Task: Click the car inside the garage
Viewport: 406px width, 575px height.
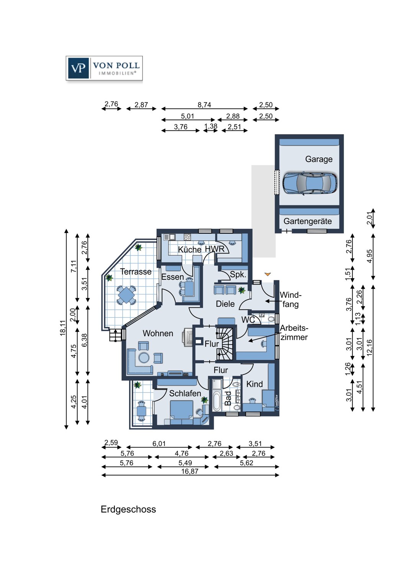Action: point(310,183)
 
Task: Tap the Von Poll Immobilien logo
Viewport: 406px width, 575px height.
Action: point(104,68)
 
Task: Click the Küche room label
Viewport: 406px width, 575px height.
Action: point(190,249)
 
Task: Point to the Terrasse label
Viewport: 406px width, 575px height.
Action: point(136,271)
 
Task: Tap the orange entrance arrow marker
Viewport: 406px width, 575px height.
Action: point(267,274)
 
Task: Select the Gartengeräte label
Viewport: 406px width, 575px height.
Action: point(308,221)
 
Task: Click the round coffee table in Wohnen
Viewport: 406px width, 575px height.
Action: point(144,357)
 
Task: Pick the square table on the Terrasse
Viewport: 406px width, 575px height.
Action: point(126,295)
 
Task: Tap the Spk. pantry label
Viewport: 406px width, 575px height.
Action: point(238,274)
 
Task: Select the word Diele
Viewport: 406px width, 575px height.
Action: point(225,304)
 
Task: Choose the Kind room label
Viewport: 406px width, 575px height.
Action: point(254,384)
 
